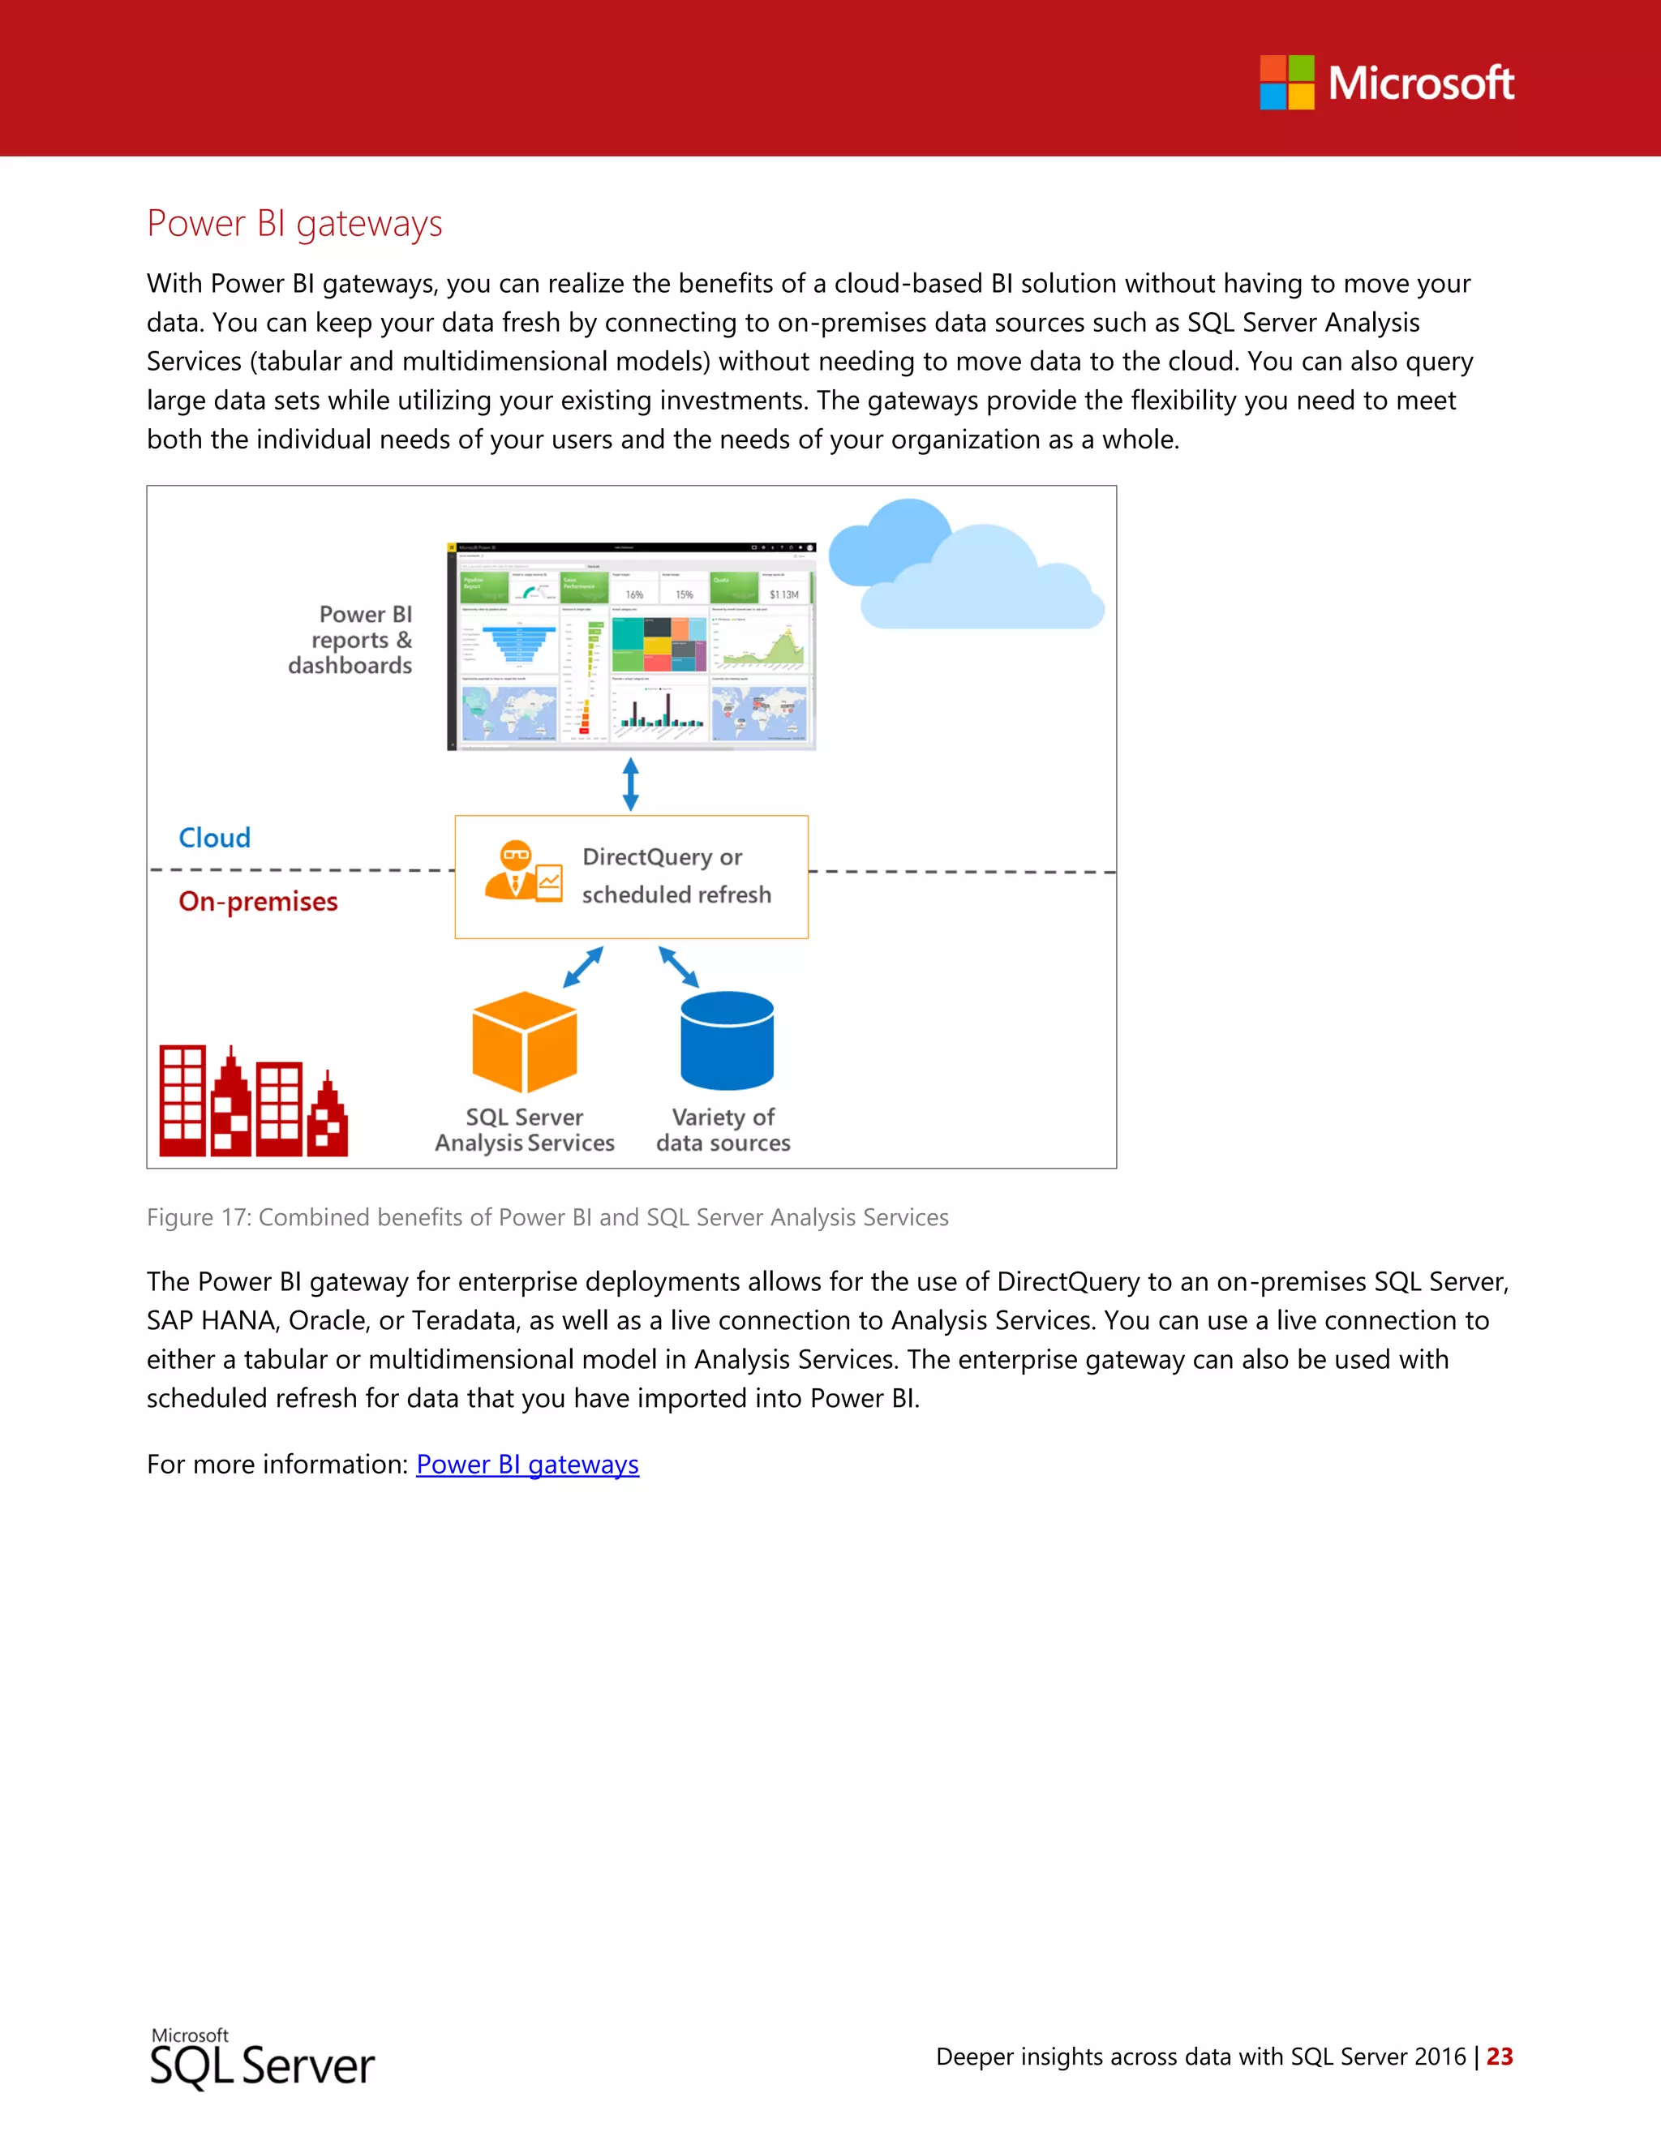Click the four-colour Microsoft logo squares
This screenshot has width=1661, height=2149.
[x=1286, y=83]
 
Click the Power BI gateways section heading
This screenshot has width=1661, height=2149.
[x=294, y=225]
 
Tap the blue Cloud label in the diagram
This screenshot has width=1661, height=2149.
[x=214, y=838]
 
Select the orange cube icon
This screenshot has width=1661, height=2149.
[x=525, y=1042]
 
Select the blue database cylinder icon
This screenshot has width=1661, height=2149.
[x=727, y=1041]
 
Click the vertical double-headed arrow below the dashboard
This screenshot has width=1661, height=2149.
[x=631, y=784]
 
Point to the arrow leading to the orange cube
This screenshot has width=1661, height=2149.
[x=583, y=967]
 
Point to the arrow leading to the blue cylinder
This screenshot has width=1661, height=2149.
[x=678, y=967]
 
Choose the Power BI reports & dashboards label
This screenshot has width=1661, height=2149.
[x=352, y=640]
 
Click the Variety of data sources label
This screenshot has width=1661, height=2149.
[x=723, y=1130]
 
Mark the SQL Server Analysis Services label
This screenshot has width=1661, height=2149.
[x=525, y=1130]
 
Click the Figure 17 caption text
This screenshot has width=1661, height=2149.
[x=547, y=1217]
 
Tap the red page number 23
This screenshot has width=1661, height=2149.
[x=1499, y=2057]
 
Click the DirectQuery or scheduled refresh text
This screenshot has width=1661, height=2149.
[x=676, y=876]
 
